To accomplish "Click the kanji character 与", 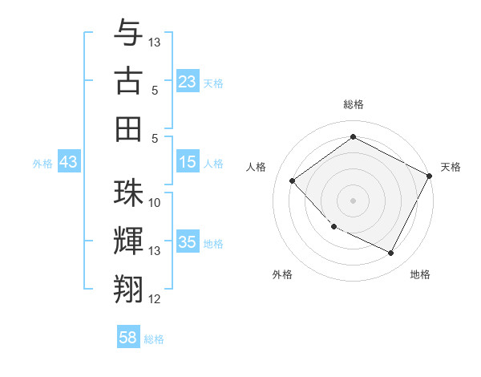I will click(128, 33).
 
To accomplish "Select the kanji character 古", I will click(128, 82).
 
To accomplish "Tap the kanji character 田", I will click(128, 129).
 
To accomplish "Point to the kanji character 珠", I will click(128, 193).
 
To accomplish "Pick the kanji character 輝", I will click(128, 241).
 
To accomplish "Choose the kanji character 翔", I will click(128, 288).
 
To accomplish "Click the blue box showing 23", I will click(188, 82).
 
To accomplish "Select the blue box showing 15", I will click(188, 163).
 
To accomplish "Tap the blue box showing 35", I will click(188, 242).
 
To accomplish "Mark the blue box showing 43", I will click(68, 163).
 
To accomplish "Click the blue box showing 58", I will click(128, 338).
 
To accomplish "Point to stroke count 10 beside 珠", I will click(155, 202).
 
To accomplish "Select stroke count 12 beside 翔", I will click(155, 299).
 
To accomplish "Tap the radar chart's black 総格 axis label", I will click(353, 104).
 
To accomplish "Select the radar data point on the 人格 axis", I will click(293, 180).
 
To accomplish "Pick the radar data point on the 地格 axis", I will click(390, 253).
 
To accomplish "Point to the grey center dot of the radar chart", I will click(353, 200).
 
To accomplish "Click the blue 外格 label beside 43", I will click(42, 164).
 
